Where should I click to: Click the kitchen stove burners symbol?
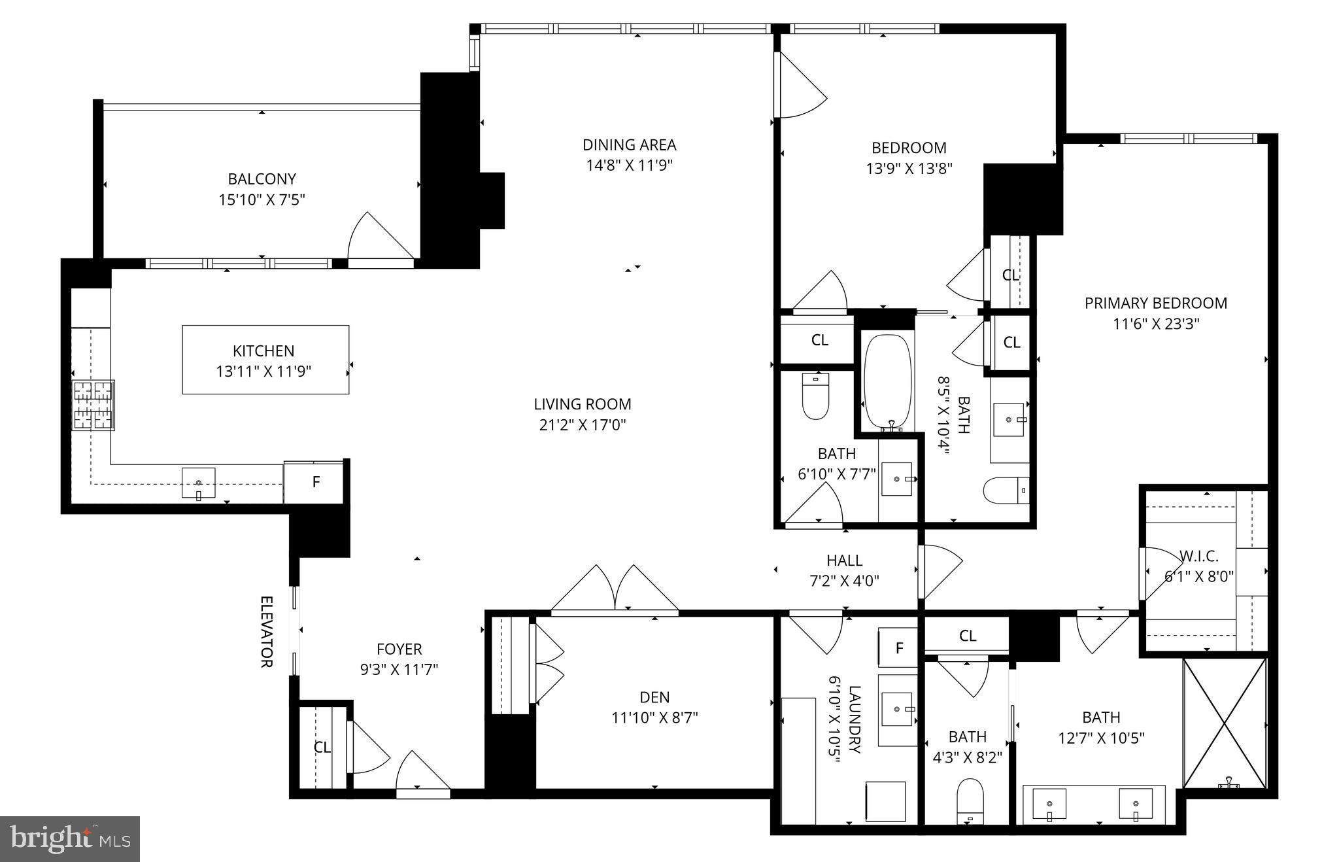pyautogui.click(x=93, y=405)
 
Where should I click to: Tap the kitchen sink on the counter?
pyautogui.click(x=198, y=483)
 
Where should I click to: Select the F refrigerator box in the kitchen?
pyautogui.click(x=315, y=482)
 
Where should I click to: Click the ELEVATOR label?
pyautogui.click(x=266, y=631)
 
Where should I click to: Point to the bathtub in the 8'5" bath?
pyautogui.click(x=887, y=383)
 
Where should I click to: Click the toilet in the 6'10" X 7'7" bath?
pyautogui.click(x=815, y=396)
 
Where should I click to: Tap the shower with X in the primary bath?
pyautogui.click(x=1225, y=722)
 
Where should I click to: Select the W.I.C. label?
pyautogui.click(x=1199, y=557)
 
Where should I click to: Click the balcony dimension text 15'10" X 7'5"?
pyautogui.click(x=262, y=199)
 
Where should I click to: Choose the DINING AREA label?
pyautogui.click(x=629, y=145)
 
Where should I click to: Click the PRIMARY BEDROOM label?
pyautogui.click(x=1155, y=303)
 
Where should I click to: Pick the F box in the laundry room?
pyautogui.click(x=899, y=647)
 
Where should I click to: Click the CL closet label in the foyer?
pyautogui.click(x=322, y=747)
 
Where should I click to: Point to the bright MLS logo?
pyautogui.click(x=70, y=838)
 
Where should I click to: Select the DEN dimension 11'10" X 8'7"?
pyautogui.click(x=654, y=717)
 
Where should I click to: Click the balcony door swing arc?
pyautogui.click(x=379, y=235)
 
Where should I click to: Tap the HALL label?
pyautogui.click(x=844, y=560)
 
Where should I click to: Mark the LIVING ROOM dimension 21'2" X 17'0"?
pyautogui.click(x=582, y=425)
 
